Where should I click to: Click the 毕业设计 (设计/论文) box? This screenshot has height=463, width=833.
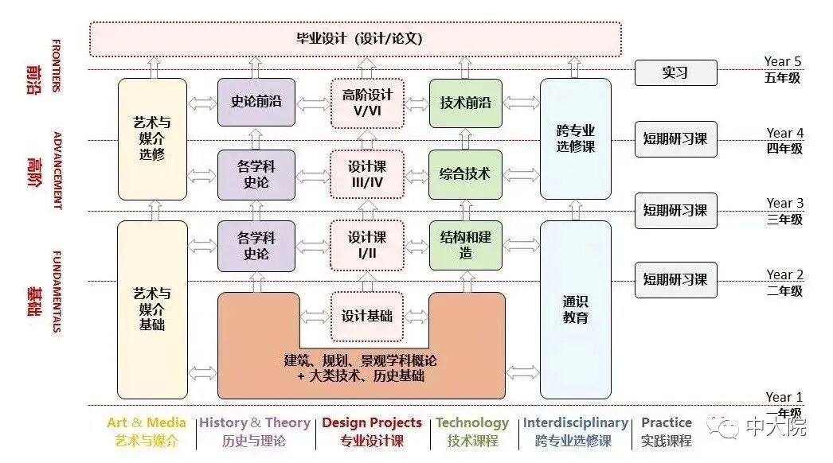click(x=354, y=39)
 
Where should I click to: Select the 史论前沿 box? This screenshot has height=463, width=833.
click(x=256, y=102)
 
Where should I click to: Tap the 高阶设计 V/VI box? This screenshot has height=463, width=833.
click(x=367, y=103)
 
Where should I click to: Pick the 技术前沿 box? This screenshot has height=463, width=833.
click(x=466, y=103)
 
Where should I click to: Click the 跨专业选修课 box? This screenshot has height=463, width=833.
click(x=576, y=138)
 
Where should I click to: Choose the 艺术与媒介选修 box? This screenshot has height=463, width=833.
click(x=152, y=138)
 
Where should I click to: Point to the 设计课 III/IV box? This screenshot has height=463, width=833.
click(x=367, y=175)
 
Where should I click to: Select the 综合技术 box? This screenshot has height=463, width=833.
click(x=466, y=174)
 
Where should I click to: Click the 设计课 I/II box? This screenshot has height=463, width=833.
click(x=367, y=245)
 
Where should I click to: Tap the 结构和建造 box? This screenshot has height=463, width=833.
click(x=466, y=245)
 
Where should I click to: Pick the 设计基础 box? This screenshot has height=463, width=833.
click(x=367, y=316)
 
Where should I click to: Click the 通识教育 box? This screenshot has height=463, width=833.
click(x=576, y=309)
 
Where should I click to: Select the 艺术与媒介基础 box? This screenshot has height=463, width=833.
click(x=152, y=309)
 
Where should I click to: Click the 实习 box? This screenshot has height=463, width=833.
click(x=675, y=72)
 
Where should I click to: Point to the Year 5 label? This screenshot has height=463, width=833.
click(x=783, y=61)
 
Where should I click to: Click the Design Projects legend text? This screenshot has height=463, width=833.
click(x=372, y=423)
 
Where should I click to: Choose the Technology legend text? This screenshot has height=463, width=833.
click(x=472, y=423)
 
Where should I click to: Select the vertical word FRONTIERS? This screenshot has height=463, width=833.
click(x=56, y=65)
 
